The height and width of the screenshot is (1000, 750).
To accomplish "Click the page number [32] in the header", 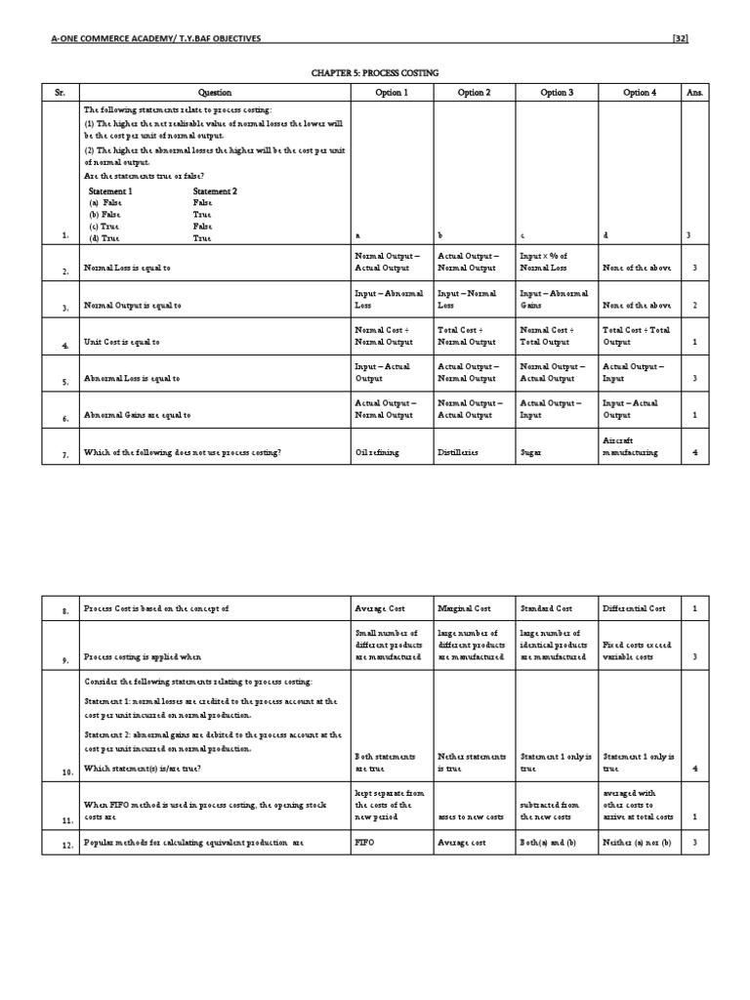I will (681, 39).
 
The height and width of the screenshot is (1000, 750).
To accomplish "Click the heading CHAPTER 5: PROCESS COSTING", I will (374, 73).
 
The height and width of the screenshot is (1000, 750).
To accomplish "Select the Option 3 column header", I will (557, 93).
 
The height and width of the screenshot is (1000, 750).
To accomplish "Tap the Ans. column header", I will (694, 93).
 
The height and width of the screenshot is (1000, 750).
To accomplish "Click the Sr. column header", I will (60, 93).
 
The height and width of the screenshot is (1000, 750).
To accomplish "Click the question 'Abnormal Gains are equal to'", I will (138, 415).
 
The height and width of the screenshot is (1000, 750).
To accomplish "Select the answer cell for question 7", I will (694, 453).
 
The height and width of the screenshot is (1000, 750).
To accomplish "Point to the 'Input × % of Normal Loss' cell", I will (556, 262).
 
